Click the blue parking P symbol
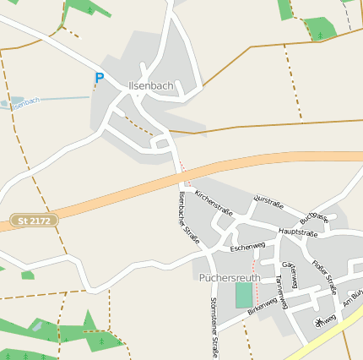(99, 78)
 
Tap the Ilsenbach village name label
(151, 86)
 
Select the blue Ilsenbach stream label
(25, 101)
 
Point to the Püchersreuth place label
(230, 276)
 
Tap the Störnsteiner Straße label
(214, 327)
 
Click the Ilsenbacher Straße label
(189, 217)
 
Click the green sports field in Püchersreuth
(244, 294)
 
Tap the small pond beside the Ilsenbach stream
(7, 104)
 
